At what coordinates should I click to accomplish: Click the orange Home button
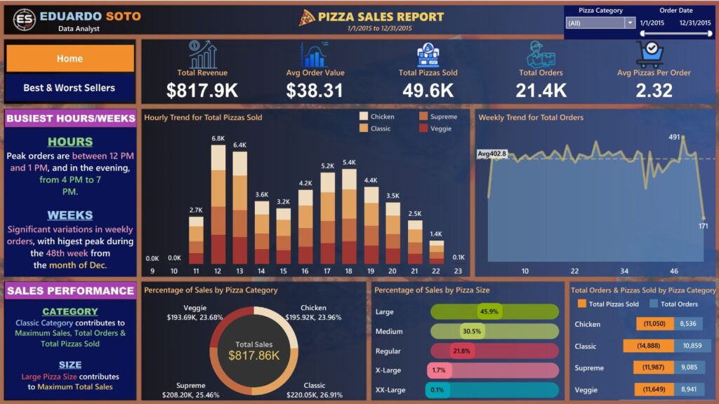pyautogui.click(x=70, y=58)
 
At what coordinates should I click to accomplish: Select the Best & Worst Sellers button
pyautogui.click(x=70, y=88)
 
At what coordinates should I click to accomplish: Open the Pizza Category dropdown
pyautogui.click(x=600, y=22)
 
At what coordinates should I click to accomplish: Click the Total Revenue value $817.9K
pyautogui.click(x=202, y=90)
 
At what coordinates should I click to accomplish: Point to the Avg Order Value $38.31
pyautogui.click(x=315, y=90)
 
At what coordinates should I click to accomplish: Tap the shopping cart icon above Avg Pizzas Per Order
pyautogui.click(x=649, y=54)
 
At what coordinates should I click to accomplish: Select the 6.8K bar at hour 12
pyautogui.click(x=218, y=203)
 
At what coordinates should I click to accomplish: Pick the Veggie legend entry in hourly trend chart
pyautogui.click(x=439, y=128)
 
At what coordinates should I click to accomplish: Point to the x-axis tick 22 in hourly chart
pyautogui.click(x=436, y=271)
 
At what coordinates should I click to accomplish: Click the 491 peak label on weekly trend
pyautogui.click(x=674, y=137)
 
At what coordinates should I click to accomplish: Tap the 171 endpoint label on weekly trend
pyautogui.click(x=703, y=226)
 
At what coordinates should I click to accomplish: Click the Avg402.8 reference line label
pyautogui.click(x=492, y=154)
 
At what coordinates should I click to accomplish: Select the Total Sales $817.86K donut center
pyautogui.click(x=254, y=351)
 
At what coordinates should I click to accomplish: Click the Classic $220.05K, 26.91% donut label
pyautogui.click(x=314, y=390)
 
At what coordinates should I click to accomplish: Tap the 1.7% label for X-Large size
pyautogui.click(x=439, y=370)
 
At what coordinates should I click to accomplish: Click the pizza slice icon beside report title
pyautogui.click(x=306, y=18)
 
